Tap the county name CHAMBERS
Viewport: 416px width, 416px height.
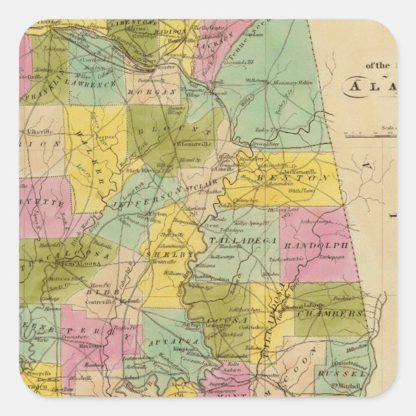[329, 314]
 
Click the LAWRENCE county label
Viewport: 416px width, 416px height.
[93, 84]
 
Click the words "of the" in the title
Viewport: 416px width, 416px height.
[379, 65]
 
